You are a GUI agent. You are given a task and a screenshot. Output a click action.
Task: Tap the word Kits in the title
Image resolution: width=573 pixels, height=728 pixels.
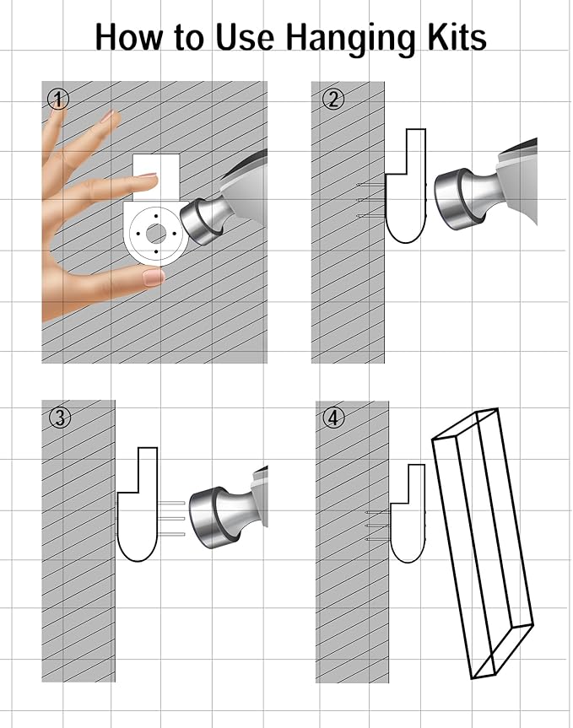[x=457, y=36]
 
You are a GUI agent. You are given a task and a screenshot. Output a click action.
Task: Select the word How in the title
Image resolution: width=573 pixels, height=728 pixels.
[x=129, y=36]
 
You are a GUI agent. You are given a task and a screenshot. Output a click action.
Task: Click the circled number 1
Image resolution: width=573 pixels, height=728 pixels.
[x=58, y=99]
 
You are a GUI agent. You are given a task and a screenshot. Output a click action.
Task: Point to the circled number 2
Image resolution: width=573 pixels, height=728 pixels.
[x=333, y=100]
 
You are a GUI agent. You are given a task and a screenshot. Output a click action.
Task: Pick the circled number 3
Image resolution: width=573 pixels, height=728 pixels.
[x=60, y=418]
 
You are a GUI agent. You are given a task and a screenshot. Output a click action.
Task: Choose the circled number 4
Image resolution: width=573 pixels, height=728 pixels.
[x=333, y=418]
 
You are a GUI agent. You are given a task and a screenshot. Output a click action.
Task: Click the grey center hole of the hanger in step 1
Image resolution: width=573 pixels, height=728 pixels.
[x=155, y=233]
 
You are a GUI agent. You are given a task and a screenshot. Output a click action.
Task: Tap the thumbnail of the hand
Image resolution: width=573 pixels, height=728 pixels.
[x=154, y=278]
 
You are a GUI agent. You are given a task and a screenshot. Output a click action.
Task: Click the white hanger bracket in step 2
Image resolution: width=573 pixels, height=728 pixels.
[x=406, y=186]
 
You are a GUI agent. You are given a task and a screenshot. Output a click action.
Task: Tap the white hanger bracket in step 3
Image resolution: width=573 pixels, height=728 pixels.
[x=138, y=504]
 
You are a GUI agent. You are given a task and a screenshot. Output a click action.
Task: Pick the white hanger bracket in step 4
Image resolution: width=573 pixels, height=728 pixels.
[x=408, y=514]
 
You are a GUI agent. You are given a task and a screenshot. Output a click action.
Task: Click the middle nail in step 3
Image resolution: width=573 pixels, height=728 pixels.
[x=171, y=519]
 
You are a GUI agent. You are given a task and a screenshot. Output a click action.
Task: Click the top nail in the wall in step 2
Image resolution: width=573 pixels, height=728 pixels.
[x=370, y=186]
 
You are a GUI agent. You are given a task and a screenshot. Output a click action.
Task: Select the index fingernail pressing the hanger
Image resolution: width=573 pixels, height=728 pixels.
[x=148, y=176]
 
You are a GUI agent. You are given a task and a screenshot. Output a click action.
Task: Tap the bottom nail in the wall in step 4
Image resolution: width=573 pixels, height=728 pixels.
[x=377, y=540]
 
